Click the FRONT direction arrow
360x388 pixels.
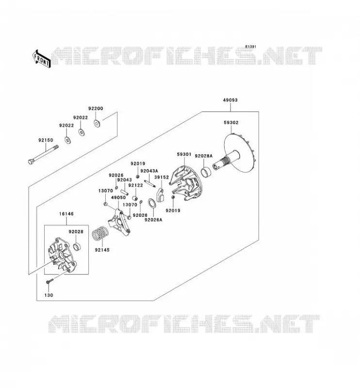(42, 59)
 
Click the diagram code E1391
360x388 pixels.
(251, 47)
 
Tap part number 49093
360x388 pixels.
(230, 100)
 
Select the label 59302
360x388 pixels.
(231, 123)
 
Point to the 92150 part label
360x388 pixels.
(46, 140)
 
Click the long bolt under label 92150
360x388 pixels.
(43, 155)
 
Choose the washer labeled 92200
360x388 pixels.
(97, 123)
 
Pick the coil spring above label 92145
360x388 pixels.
(100, 233)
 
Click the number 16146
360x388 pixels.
(66, 213)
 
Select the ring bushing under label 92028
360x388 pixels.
(78, 246)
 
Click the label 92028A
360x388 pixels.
(203, 156)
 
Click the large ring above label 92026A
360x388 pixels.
(152, 203)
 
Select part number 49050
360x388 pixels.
(118, 197)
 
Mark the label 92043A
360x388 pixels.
(149, 171)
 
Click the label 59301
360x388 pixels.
(184, 154)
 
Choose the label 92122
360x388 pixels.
(136, 185)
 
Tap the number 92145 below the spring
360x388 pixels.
(102, 250)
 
